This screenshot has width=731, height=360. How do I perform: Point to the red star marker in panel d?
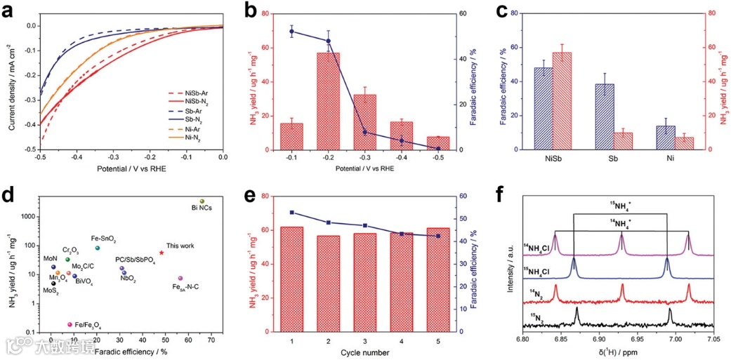pyautogui.click(x=162, y=253)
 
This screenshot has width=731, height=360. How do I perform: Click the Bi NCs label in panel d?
pyautogui.click(x=202, y=208)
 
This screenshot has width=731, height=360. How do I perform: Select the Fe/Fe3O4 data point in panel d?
pyautogui.click(x=70, y=325)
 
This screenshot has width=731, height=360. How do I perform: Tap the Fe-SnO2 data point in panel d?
pyautogui.click(x=98, y=248)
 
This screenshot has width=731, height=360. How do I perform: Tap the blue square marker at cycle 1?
pyautogui.click(x=291, y=213)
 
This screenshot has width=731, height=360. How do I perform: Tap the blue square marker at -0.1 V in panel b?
pyautogui.click(x=291, y=31)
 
